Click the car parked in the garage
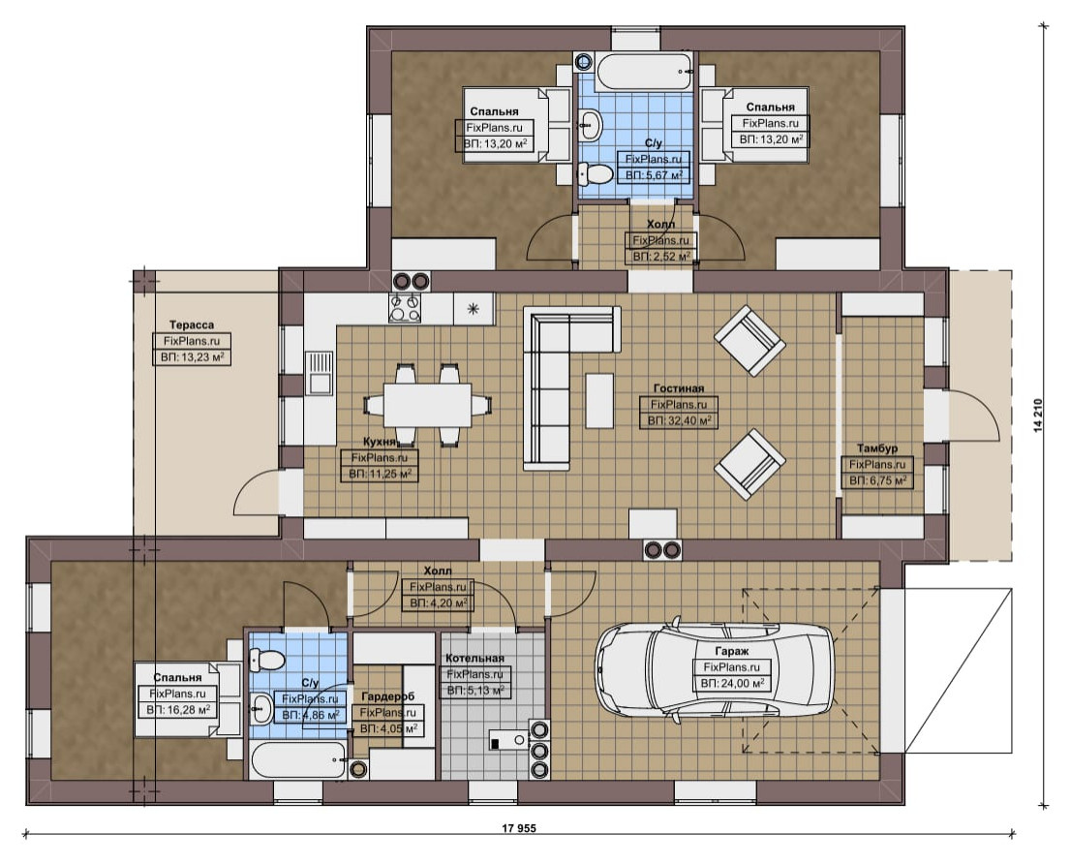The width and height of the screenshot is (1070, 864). tap(714, 668)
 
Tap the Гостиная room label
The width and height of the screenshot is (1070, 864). tap(678, 388)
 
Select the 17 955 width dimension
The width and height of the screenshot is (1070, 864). tap(519, 828)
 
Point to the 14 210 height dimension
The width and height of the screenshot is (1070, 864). tap(1039, 416)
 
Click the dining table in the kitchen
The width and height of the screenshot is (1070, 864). tap(428, 405)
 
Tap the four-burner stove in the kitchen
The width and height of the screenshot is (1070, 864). tap(405, 308)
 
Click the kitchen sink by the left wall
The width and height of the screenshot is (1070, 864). tap(319, 373)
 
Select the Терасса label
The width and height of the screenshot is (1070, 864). tap(192, 325)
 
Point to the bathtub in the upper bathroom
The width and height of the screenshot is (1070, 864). tap(645, 72)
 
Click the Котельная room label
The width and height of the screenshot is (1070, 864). tap(474, 658)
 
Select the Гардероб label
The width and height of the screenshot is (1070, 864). tap(387, 696)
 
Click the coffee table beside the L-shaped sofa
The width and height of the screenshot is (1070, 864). tap(599, 400)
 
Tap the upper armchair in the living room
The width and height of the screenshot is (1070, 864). tap(749, 341)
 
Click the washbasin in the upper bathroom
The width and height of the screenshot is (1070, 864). tap(591, 125)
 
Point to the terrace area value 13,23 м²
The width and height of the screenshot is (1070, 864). tap(192, 356)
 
